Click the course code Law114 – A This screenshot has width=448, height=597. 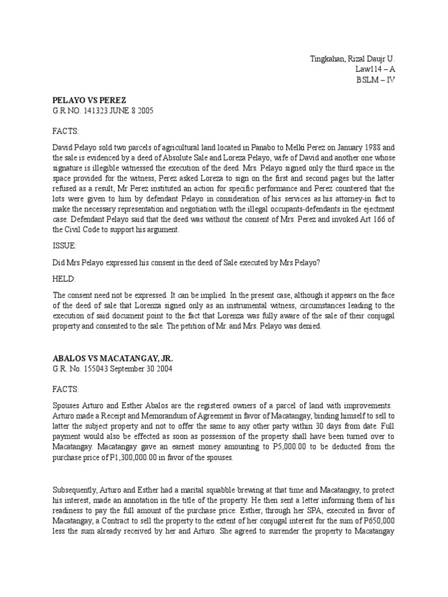pos(375,69)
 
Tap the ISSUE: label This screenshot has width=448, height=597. pos(65,246)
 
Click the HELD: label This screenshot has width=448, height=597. pos(64,279)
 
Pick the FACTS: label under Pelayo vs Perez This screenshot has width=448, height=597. pos(65,131)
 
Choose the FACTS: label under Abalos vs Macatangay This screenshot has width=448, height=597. pos(65,389)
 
